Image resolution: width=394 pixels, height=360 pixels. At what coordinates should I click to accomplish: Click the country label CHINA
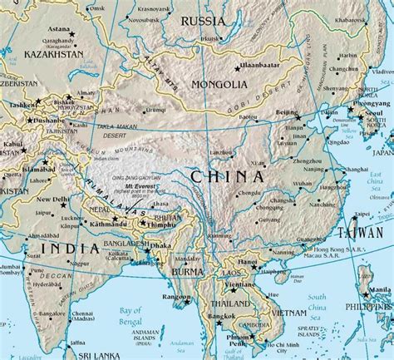(227, 176)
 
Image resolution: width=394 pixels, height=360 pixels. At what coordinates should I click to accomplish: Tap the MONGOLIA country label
(219, 85)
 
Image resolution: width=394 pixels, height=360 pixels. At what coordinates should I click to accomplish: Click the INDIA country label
(67, 246)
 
